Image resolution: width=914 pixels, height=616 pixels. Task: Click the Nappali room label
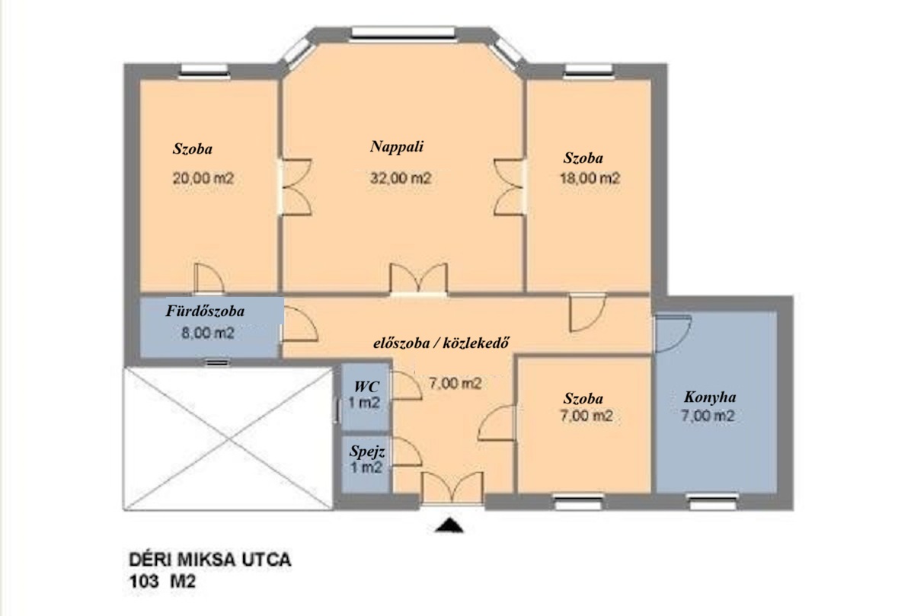click(397, 147)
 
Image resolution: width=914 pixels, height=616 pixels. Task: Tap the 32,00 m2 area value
click(401, 178)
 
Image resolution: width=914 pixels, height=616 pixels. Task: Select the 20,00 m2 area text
click(203, 178)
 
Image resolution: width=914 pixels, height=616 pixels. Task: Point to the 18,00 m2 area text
click(590, 178)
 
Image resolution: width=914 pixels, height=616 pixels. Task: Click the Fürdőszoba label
click(205, 311)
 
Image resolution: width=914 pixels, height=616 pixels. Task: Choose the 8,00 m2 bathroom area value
click(208, 334)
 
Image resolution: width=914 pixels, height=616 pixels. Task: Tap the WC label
click(366, 386)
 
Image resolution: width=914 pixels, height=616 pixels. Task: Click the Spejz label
click(367, 452)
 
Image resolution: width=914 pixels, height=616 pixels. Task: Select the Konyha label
click(710, 397)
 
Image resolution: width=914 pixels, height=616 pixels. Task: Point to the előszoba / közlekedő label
click(441, 343)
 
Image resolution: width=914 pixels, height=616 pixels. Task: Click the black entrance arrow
click(449, 525)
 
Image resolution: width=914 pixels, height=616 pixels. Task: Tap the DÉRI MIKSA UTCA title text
click(210, 560)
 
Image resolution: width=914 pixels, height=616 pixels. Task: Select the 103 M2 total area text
click(162, 582)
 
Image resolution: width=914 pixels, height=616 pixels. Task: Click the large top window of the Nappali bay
click(403, 34)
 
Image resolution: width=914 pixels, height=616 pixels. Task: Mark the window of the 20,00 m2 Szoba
click(204, 71)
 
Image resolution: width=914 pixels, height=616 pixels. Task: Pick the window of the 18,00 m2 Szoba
click(589, 71)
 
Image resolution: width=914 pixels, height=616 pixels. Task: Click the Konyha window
click(712, 502)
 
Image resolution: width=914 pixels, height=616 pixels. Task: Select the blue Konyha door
click(672, 334)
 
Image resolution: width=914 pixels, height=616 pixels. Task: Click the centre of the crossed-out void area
click(228, 439)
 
